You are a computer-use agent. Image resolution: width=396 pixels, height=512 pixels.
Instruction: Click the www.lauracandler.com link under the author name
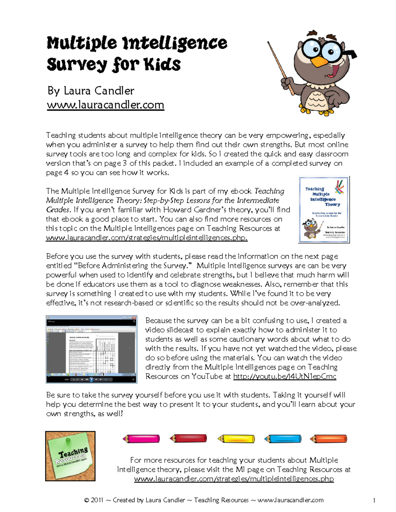point(105,105)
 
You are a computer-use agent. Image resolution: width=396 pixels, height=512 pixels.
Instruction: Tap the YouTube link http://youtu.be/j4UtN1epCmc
point(284,376)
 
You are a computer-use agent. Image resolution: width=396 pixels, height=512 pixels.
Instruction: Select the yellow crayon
point(236,439)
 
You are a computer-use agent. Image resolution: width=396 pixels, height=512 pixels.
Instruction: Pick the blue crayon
point(283,439)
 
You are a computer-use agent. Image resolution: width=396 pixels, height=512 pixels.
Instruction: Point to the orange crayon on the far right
point(329,439)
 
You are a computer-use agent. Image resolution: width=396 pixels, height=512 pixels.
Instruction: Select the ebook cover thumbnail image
point(324,210)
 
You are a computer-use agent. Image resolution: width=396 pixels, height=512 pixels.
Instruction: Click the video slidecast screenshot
point(91,349)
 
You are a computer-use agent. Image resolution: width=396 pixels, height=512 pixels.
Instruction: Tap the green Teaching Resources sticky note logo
point(70,456)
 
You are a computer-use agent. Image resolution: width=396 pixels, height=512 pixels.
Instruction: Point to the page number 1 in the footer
point(374,500)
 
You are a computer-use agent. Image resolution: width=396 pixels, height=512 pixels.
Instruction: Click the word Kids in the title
point(162,64)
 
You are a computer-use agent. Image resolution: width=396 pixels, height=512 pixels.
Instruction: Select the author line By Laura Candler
point(91,91)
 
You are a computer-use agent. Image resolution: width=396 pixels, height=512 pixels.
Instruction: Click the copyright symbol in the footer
point(86,500)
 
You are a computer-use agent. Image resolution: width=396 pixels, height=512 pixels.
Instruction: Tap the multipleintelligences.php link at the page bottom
point(234,479)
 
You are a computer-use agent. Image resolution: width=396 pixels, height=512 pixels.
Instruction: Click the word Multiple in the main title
point(82,44)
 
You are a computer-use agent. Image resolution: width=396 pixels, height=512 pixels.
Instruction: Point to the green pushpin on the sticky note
point(68,440)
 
